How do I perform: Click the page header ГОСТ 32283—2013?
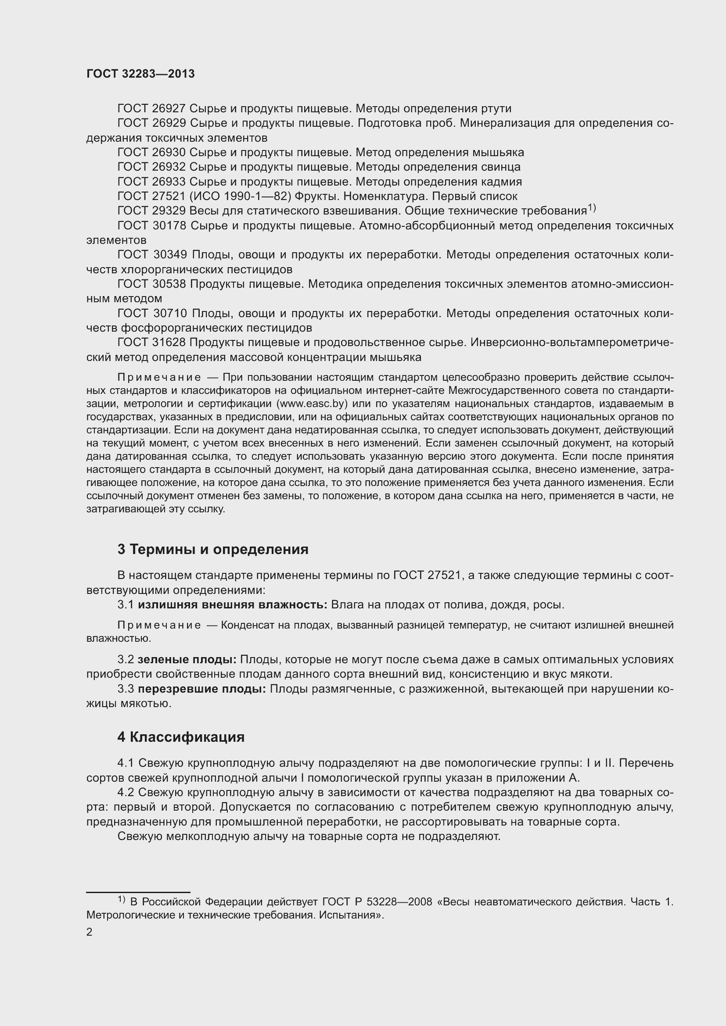140,74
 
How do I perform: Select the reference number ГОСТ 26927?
151,109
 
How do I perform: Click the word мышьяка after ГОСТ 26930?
498,152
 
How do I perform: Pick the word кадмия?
501,182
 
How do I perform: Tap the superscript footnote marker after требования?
591,208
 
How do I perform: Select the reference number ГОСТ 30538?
151,284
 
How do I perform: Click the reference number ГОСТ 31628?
151,343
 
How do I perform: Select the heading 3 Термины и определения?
213,549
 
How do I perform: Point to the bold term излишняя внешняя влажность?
232,605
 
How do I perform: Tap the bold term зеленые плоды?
187,660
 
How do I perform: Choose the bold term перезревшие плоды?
201,689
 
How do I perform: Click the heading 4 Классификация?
180,737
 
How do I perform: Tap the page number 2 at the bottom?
90,932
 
